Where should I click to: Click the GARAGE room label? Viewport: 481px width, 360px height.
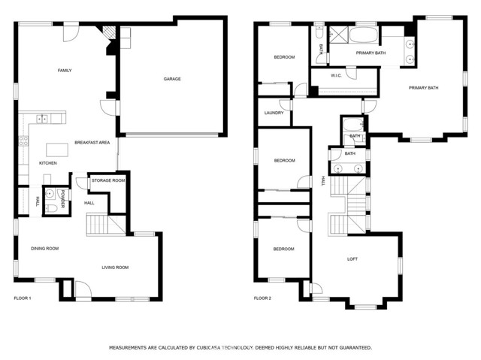pyautogui.click(x=172, y=79)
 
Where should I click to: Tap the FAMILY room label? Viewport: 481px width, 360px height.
pyautogui.click(x=65, y=71)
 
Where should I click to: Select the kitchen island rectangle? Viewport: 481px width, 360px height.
pyautogui.click(x=57, y=150)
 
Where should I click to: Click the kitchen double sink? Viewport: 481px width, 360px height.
pyautogui.click(x=42, y=118)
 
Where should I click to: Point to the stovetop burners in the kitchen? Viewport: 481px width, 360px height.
pyautogui.click(x=23, y=141)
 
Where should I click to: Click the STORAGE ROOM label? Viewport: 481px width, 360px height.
pyautogui.click(x=108, y=180)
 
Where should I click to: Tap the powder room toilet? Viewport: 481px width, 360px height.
pyautogui.click(x=51, y=209)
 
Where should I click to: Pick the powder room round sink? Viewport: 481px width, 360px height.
pyautogui.click(x=50, y=193)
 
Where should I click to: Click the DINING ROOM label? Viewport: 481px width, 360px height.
pyautogui.click(x=45, y=248)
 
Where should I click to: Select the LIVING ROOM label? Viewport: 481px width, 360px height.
pyautogui.click(x=115, y=268)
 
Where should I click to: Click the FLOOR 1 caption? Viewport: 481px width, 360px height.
pyautogui.click(x=23, y=298)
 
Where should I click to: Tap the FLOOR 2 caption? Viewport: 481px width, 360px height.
pyautogui.click(x=262, y=298)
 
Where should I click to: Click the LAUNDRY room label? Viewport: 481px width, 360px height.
pyautogui.click(x=274, y=113)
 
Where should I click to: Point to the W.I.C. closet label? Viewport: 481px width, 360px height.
pyautogui.click(x=336, y=75)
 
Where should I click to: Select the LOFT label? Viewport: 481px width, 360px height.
pyautogui.click(x=352, y=259)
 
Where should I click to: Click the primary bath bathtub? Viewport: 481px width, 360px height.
pyautogui.click(x=364, y=35)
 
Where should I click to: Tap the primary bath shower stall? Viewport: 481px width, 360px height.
pyautogui.click(x=339, y=35)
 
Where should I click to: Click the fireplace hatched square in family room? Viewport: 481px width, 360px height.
pyautogui.click(x=109, y=32)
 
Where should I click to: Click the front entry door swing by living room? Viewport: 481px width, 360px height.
pyautogui.click(x=83, y=289)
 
